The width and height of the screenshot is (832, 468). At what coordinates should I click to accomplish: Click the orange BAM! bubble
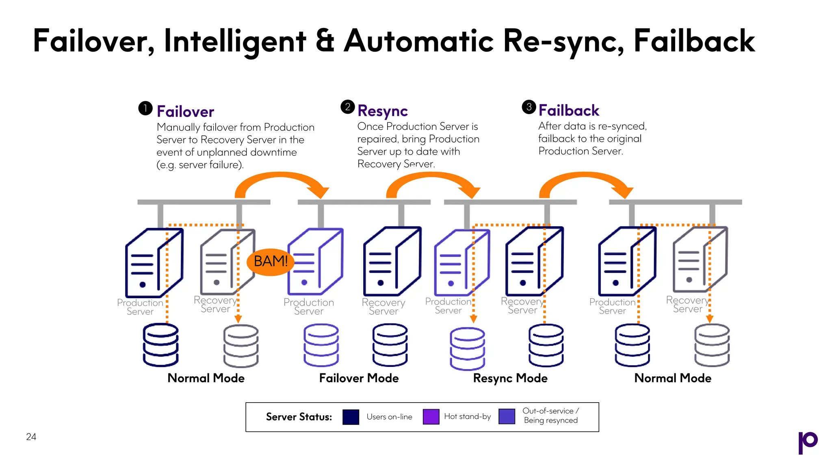click(270, 261)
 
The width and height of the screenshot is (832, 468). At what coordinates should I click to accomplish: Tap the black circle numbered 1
click(145, 108)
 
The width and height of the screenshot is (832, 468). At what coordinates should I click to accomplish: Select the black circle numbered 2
click(347, 107)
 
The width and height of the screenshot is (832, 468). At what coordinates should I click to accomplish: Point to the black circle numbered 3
click(529, 107)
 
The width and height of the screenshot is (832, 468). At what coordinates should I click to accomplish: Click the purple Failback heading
click(569, 110)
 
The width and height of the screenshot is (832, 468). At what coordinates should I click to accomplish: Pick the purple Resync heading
click(383, 111)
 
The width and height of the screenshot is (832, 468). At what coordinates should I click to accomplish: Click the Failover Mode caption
click(359, 378)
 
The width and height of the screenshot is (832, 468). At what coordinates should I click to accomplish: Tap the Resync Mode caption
click(510, 378)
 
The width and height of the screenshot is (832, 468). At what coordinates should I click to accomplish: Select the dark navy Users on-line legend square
click(351, 417)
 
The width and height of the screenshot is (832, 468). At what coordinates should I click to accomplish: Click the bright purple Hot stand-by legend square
click(431, 417)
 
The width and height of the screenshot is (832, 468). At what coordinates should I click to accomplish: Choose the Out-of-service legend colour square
click(507, 416)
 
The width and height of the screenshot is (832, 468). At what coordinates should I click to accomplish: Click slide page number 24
click(31, 437)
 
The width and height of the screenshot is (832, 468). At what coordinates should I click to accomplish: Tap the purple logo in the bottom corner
click(808, 442)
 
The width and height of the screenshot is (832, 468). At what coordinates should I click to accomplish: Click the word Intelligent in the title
click(234, 41)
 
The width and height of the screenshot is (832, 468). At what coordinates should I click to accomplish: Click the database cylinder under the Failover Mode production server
click(321, 345)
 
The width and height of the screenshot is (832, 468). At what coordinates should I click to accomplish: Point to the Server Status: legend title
click(299, 417)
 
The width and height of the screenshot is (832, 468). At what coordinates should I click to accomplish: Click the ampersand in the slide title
click(325, 41)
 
